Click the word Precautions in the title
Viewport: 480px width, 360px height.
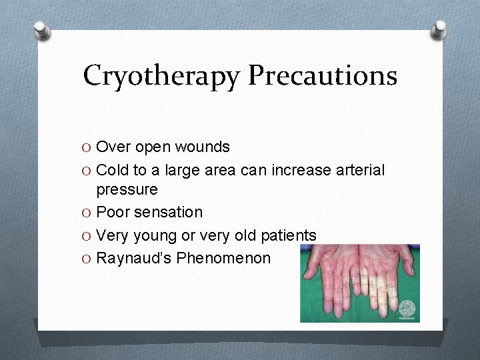(x=323, y=75)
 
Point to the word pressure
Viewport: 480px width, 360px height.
(x=127, y=190)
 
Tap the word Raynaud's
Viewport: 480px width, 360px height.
(x=134, y=257)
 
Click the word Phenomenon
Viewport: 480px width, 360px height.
(x=223, y=257)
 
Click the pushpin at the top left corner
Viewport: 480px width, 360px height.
(x=41, y=29)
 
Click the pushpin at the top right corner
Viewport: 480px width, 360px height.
(x=439, y=28)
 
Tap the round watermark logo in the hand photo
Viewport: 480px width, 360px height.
(x=407, y=309)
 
